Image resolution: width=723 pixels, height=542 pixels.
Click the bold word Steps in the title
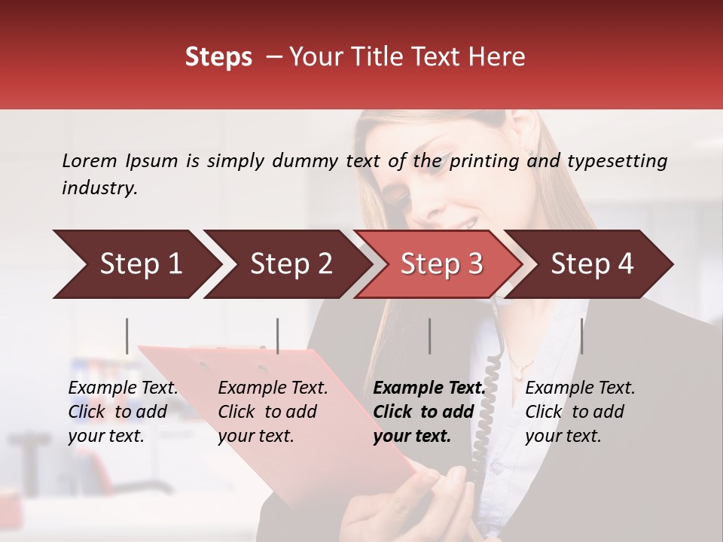(x=218, y=57)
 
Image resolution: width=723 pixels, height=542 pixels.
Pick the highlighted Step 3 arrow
(x=441, y=264)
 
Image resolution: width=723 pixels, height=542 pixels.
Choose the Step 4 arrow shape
(x=592, y=264)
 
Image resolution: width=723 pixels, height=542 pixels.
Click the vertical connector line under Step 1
(x=127, y=336)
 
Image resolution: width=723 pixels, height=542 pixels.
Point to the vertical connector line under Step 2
(x=278, y=336)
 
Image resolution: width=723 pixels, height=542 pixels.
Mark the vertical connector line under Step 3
(x=430, y=336)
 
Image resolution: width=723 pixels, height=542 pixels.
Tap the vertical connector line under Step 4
(x=582, y=336)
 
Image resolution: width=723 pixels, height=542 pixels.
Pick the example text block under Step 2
(x=272, y=412)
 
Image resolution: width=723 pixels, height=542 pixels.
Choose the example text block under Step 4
(x=579, y=412)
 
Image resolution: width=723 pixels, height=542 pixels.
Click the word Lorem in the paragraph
(x=90, y=161)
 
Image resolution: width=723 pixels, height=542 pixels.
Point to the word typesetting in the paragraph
(x=617, y=161)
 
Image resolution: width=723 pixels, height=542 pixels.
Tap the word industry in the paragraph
(x=99, y=188)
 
